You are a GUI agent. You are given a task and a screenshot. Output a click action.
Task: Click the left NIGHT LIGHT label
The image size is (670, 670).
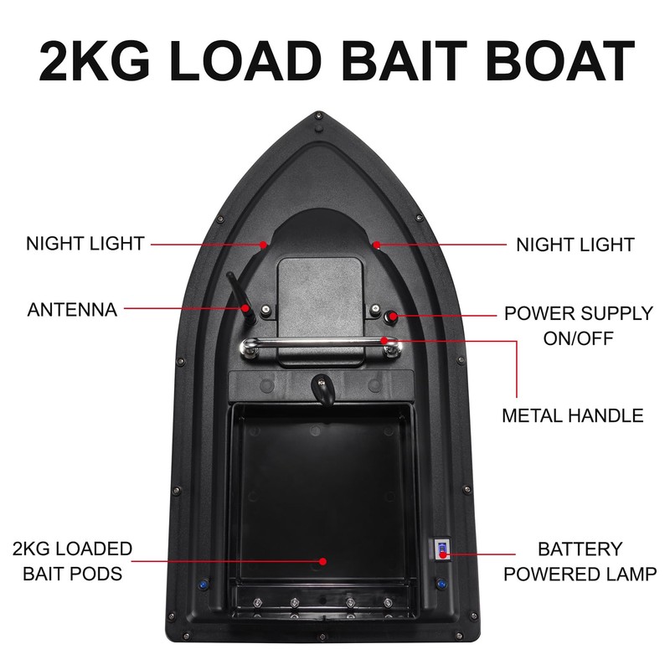[x=85, y=244]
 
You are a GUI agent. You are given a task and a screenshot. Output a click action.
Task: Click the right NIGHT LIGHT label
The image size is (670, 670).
[x=575, y=245]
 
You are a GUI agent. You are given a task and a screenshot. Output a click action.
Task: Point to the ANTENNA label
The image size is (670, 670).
[x=72, y=310]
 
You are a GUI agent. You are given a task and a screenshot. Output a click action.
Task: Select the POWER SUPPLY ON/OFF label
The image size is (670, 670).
[x=578, y=326]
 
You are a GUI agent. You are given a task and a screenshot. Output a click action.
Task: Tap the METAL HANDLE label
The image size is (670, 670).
[x=572, y=415]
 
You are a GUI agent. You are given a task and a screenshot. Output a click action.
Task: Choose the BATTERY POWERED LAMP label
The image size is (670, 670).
[x=580, y=561]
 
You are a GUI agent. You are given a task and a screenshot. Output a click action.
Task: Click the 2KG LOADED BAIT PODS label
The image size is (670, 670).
[x=72, y=561]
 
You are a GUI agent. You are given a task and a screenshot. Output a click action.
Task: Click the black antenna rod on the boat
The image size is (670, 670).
[x=237, y=292]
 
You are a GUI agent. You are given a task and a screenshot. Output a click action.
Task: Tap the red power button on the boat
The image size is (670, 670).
[x=391, y=316]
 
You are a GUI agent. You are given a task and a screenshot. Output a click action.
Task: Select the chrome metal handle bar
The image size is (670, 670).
[x=318, y=343]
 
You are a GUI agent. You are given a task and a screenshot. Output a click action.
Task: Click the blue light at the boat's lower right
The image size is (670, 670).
[x=441, y=583]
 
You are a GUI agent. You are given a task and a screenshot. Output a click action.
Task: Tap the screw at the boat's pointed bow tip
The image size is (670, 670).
[x=319, y=117]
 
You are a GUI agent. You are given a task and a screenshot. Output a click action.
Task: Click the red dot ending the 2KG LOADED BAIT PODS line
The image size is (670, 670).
[x=325, y=561]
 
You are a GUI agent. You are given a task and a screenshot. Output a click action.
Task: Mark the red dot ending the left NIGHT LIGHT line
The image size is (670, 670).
[x=263, y=245]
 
